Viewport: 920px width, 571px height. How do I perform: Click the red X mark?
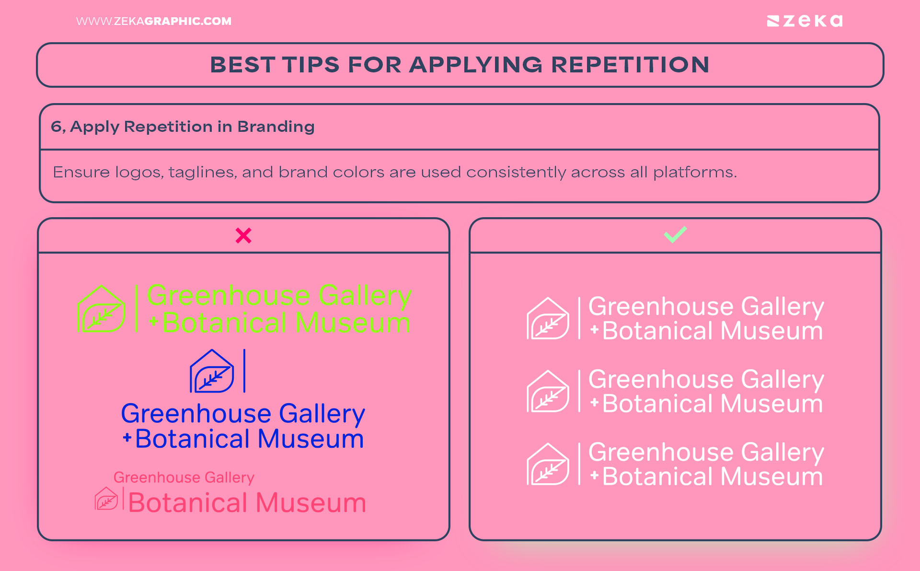click(x=243, y=235)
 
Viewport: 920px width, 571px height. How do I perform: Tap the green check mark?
click(x=675, y=234)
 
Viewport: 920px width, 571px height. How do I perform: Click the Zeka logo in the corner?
click(x=805, y=21)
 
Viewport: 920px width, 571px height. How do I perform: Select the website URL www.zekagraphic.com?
click(x=153, y=21)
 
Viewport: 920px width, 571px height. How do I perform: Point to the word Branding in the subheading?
click(x=276, y=127)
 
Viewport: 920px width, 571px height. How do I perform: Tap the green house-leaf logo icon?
click(x=102, y=309)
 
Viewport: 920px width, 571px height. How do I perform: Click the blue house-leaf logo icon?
click(x=212, y=372)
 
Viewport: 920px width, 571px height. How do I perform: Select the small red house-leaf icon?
click(x=106, y=499)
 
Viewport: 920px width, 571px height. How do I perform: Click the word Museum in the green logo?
click(x=353, y=323)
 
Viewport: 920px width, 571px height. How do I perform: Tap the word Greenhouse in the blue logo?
click(x=196, y=413)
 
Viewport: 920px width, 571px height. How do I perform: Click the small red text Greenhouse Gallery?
click(x=184, y=478)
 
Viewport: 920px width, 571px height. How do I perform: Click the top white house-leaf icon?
click(x=548, y=319)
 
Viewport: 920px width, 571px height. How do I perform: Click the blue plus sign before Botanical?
click(x=127, y=437)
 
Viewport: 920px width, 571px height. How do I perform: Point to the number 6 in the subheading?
click(x=56, y=127)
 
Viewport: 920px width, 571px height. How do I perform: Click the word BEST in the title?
click(x=242, y=65)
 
